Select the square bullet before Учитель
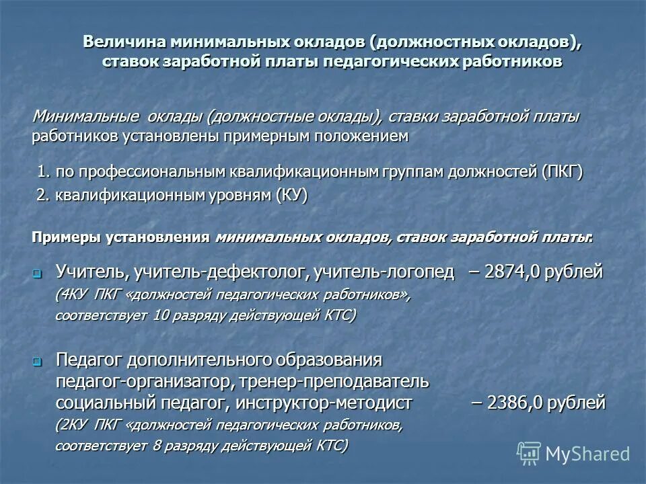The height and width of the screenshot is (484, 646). [x=38, y=274]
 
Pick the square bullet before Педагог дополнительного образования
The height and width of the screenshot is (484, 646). [x=38, y=361]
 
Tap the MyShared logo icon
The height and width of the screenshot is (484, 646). [x=529, y=453]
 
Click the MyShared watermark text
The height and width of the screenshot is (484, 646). [x=587, y=454]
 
